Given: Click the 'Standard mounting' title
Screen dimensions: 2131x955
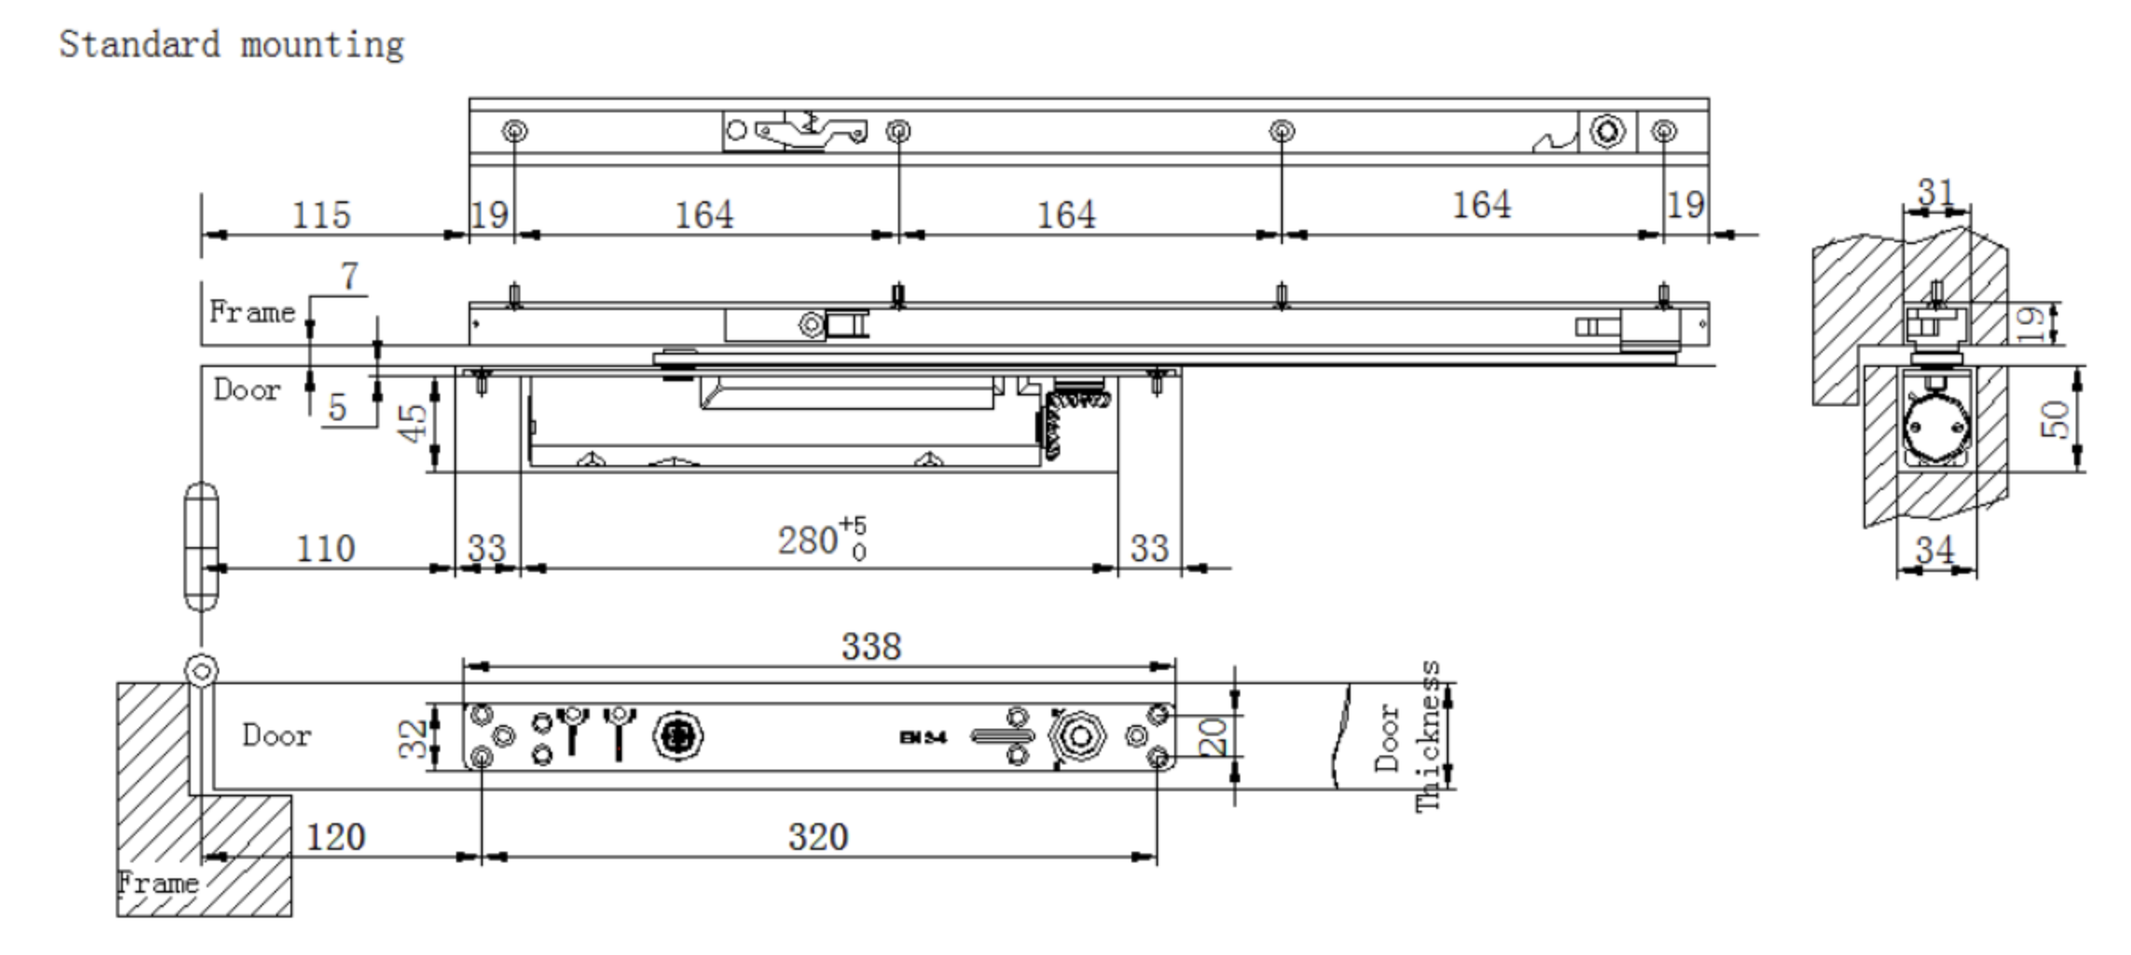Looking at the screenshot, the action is point(232,45).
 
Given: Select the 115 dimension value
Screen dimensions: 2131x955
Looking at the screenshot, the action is point(322,215).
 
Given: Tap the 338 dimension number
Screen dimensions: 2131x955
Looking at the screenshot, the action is point(871,647).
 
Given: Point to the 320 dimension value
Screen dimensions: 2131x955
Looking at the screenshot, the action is point(818,837).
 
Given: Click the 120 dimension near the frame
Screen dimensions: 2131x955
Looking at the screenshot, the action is point(336,837).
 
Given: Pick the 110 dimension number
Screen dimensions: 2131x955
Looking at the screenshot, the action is point(325,548).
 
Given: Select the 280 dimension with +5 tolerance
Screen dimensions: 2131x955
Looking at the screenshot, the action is point(821,538).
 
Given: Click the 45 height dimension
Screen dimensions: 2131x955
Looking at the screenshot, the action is point(412,422).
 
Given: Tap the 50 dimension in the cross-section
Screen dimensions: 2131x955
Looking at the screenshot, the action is point(2054,419).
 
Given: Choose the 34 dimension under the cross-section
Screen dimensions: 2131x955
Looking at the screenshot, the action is point(1935,549).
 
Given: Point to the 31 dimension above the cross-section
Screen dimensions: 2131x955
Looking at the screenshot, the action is point(1935,192).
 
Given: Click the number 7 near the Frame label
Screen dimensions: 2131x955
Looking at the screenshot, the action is point(349,275).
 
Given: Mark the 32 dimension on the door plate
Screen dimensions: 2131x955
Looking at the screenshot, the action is point(412,738).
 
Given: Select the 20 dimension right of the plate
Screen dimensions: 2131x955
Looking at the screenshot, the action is point(1212,737).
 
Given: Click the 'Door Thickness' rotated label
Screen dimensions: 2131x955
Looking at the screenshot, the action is point(1408,736).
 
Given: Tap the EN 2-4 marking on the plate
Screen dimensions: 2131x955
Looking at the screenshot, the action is point(923,737).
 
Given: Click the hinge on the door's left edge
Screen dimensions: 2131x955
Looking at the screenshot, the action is point(201,546).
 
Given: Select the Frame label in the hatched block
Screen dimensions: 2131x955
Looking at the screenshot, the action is point(158,883).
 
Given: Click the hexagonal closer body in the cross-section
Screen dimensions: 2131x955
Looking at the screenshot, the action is point(1935,429).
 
